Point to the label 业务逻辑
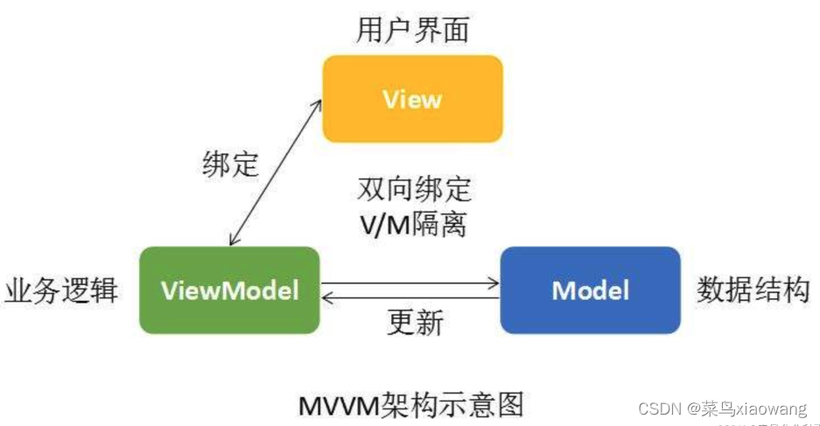[x=61, y=290]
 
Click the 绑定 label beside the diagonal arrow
[x=230, y=164]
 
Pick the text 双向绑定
[x=414, y=188]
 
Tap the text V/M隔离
[x=413, y=224]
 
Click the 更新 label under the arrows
[x=415, y=323]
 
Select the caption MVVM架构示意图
[x=411, y=404]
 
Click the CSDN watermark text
[x=660, y=409]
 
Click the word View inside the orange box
[x=412, y=99]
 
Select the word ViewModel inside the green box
[x=230, y=290]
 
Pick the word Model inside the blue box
[x=590, y=290]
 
